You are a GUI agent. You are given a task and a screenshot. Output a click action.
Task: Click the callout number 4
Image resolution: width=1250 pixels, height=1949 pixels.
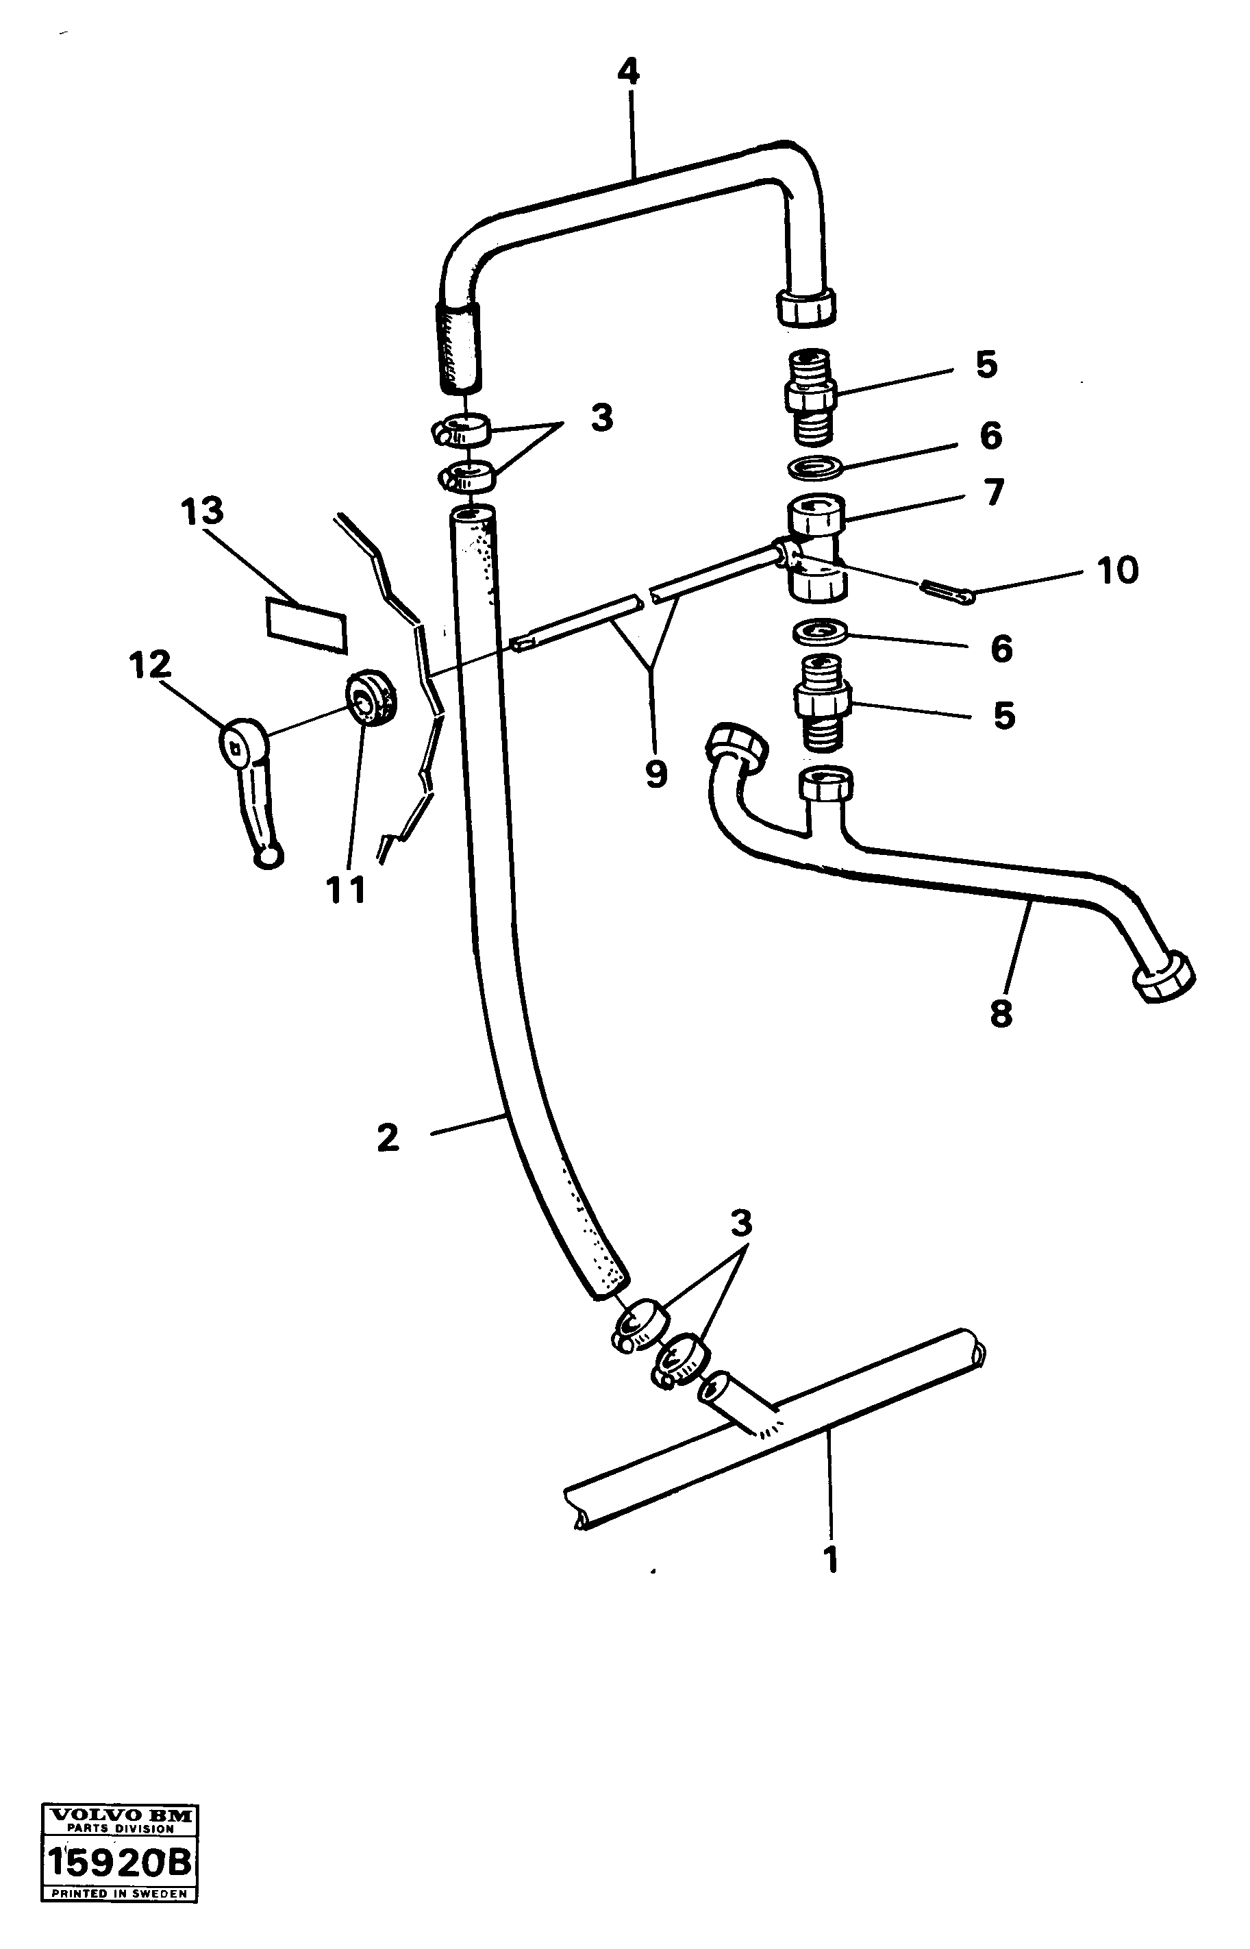(x=627, y=73)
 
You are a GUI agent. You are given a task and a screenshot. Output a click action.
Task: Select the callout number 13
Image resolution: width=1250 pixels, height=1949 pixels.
(x=202, y=512)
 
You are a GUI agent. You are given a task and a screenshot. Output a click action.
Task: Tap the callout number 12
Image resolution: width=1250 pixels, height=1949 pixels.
(x=150, y=664)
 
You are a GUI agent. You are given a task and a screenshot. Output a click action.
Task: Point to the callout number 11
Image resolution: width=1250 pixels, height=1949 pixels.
(x=346, y=891)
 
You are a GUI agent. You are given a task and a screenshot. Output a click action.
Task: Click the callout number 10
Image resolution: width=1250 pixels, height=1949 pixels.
(x=1118, y=570)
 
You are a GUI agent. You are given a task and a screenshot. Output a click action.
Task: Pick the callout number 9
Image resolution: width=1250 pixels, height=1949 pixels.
(x=656, y=773)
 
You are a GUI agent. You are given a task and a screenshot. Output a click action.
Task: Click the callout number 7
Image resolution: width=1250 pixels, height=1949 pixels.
(x=994, y=492)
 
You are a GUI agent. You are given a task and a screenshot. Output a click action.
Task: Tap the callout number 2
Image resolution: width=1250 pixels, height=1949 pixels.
(x=388, y=1137)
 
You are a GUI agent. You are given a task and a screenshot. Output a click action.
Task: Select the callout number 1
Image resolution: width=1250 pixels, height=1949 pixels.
(x=829, y=1559)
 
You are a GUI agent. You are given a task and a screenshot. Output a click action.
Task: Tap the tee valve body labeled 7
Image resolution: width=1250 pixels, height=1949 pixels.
(x=816, y=549)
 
